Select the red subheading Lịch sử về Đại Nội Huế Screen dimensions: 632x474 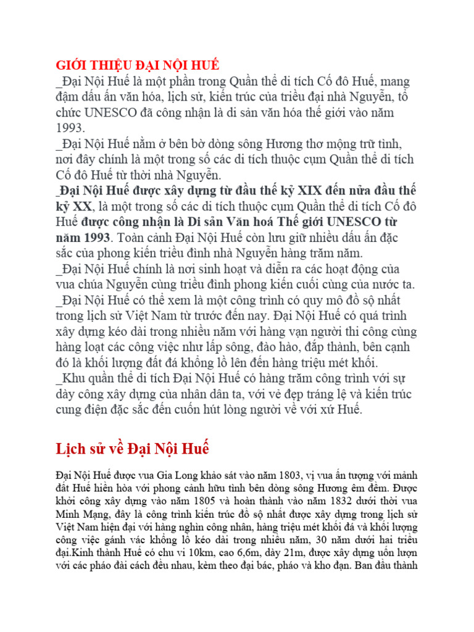(133, 447)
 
